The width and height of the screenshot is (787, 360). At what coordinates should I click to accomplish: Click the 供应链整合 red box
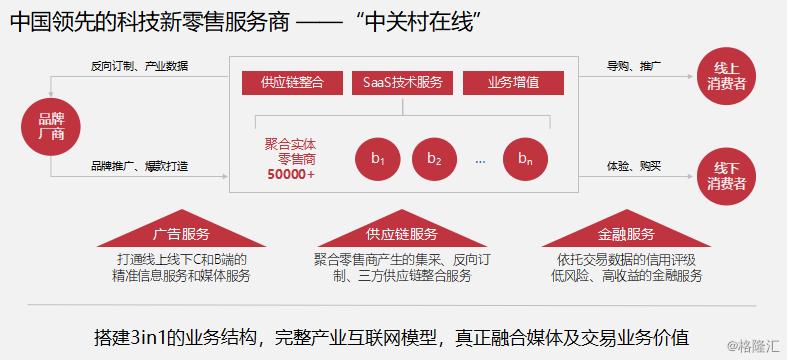[x=290, y=82]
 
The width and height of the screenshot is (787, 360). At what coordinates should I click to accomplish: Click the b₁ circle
[x=378, y=159]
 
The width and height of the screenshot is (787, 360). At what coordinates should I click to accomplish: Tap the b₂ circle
[x=433, y=159]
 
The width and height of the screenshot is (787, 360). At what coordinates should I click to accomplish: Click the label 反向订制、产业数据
[x=138, y=66]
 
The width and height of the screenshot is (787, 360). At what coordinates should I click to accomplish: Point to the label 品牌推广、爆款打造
[x=139, y=165]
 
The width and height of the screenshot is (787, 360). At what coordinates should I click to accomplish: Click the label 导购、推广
[x=633, y=66]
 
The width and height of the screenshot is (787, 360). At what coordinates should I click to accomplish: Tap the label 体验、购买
[x=633, y=165]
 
